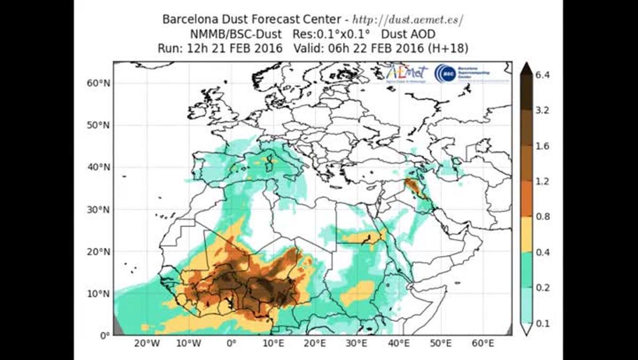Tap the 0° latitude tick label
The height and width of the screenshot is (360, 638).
pos(104,335)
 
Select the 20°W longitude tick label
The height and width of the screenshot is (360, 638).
pos(147,344)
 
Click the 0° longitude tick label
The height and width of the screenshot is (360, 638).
pos(231,344)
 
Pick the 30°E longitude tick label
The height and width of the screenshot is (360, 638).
pos(357,344)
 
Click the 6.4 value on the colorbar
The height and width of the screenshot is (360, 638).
pos(542,75)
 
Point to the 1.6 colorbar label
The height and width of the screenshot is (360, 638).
pos(542,146)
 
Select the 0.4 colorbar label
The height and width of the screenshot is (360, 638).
pos(542,252)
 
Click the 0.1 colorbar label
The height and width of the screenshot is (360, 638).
pos(542,323)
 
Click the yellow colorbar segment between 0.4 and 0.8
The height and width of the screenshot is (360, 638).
pos(526,234)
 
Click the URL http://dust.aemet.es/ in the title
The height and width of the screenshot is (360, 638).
pos(408,20)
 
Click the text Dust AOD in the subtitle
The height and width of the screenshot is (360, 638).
pos(408,34)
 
